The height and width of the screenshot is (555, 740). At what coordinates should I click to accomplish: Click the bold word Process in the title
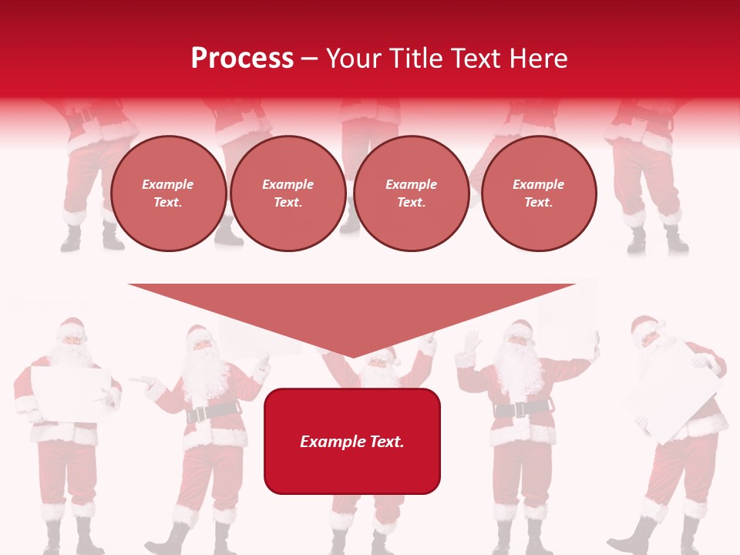click(242, 59)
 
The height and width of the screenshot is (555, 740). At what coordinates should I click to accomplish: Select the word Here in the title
click(540, 59)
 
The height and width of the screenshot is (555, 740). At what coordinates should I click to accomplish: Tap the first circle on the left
click(168, 193)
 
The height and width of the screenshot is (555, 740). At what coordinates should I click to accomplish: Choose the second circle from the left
click(288, 193)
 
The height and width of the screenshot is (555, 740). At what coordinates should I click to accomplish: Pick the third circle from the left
click(411, 193)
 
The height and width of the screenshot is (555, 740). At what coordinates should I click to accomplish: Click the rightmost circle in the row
click(538, 193)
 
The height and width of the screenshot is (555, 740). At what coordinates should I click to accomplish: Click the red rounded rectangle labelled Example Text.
click(352, 441)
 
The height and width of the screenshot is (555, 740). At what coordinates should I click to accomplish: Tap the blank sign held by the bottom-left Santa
click(69, 394)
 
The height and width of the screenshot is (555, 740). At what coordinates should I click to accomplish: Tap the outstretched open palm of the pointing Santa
click(142, 380)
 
